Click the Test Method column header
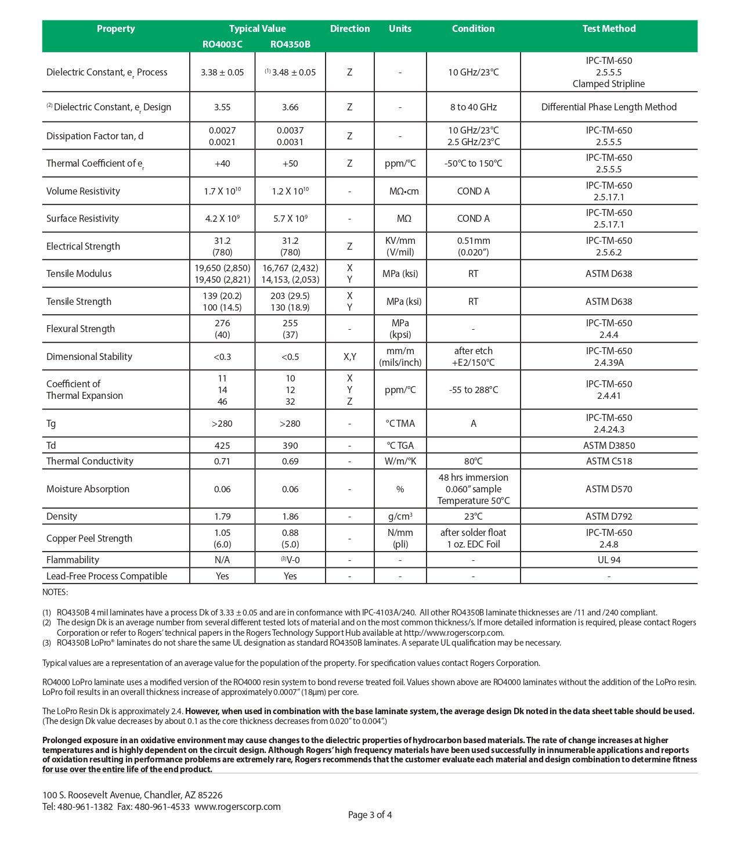(609, 28)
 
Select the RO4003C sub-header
(222, 44)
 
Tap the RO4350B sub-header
(290, 44)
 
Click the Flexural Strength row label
(81, 329)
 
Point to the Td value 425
(222, 445)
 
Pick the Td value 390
(290, 445)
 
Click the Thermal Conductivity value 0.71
(222, 461)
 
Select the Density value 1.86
(290, 516)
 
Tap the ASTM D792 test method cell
(609, 516)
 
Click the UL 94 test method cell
(609, 560)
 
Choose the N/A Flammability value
(222, 560)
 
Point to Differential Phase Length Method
(609, 107)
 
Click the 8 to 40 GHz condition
(473, 107)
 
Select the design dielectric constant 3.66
(290, 107)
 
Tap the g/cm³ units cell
(400, 516)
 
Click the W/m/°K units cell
(400, 461)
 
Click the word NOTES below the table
(55, 592)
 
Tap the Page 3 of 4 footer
(370, 815)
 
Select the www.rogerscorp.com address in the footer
(237, 806)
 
